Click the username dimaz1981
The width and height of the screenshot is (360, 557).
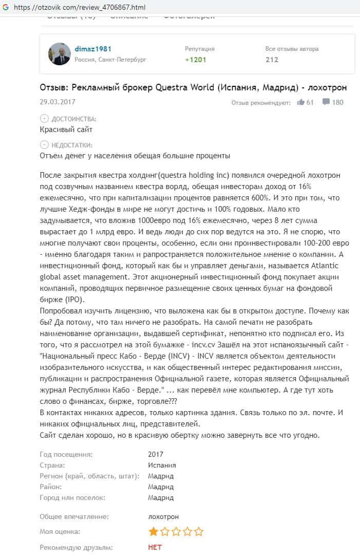click(93, 49)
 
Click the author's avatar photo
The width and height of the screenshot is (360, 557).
click(59, 54)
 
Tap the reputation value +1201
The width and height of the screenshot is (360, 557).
click(196, 60)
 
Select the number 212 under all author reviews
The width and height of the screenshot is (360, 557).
click(272, 60)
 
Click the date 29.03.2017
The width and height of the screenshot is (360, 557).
click(57, 102)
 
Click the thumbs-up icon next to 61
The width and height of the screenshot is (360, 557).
click(301, 102)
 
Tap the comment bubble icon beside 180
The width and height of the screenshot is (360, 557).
click(326, 102)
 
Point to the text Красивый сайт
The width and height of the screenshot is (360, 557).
click(66, 129)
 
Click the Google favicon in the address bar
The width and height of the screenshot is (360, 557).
click(6, 7)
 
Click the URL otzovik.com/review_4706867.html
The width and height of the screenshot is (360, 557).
click(80, 7)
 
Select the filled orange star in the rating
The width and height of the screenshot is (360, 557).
click(153, 531)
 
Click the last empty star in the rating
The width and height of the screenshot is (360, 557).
click(199, 531)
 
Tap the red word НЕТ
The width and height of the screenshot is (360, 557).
click(155, 548)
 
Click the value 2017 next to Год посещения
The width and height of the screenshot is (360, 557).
click(155, 454)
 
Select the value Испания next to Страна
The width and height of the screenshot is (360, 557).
click(162, 465)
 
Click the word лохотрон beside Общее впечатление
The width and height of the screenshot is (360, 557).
click(163, 516)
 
